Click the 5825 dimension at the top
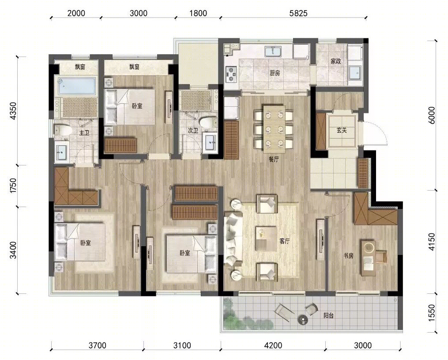pos(298,13)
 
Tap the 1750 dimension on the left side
pos(13,186)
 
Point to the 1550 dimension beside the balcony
pos(432,313)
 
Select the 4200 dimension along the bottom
pos(273,345)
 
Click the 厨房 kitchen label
pos(275,73)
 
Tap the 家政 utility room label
pos(336,61)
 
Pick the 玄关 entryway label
pos(342,131)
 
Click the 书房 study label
pos(348,256)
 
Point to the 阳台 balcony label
pos(328,316)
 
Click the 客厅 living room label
pos(285,241)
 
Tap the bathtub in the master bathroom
pos(76,85)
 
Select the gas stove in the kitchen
pos(231,74)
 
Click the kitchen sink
pos(273,52)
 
